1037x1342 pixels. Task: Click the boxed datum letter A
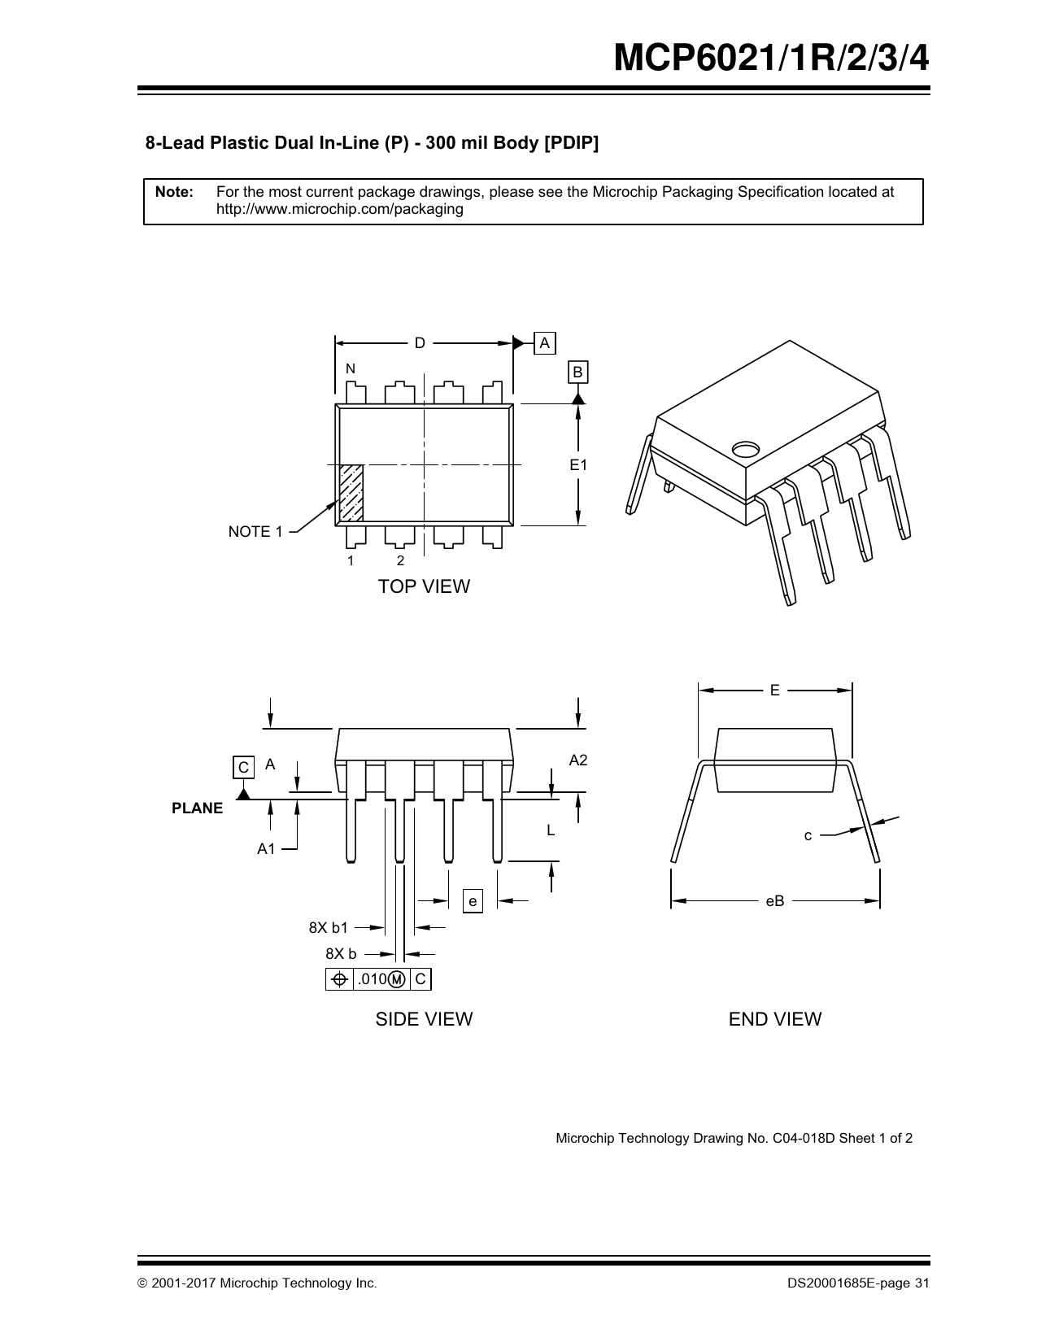coord(545,343)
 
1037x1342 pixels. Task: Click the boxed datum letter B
coord(577,373)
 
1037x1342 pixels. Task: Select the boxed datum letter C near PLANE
coord(243,767)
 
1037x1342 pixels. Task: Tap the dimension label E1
coord(577,465)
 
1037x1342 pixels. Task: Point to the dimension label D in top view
coord(420,343)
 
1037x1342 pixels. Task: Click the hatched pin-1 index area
coord(351,493)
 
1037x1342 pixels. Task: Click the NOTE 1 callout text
coord(255,532)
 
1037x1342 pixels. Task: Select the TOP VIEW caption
coord(424,586)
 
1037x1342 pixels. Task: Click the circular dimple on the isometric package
coord(745,449)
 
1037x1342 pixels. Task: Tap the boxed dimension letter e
coord(473,901)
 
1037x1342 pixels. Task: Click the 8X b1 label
coord(328,927)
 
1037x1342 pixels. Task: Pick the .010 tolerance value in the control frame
coord(372,979)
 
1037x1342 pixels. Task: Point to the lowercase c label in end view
coord(808,835)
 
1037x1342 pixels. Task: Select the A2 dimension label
coord(577,760)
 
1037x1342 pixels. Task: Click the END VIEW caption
coord(774,1019)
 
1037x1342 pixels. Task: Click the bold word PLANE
coord(197,808)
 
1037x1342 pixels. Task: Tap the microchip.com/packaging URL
coord(339,209)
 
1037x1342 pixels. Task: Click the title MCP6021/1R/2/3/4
coord(770,59)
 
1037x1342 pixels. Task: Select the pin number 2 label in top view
coord(400,561)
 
